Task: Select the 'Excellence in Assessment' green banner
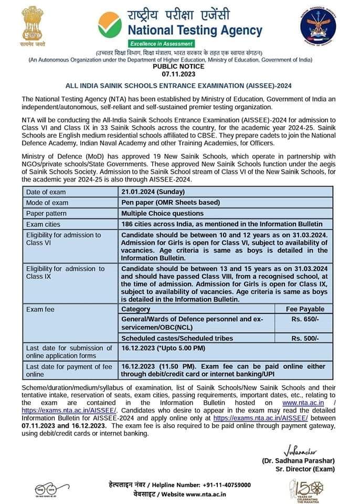(161, 44)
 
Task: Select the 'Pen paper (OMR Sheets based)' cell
(171, 202)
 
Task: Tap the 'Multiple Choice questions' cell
(162, 213)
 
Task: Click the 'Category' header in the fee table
(135, 309)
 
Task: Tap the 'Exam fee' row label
(40, 309)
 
